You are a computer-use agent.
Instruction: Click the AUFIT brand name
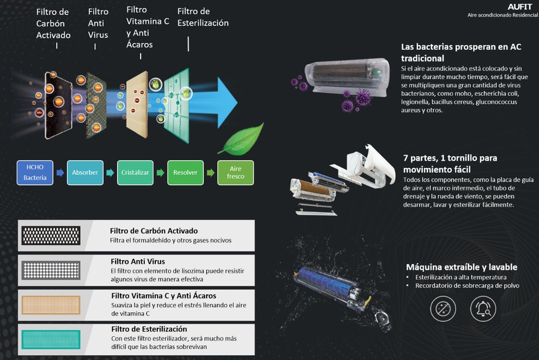coord(520,7)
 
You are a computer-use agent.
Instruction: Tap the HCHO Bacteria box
coord(35,172)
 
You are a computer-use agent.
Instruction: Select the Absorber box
coord(85,172)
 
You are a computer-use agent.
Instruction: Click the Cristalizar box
coord(135,172)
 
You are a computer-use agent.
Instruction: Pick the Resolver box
coord(185,172)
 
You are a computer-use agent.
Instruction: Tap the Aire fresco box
coord(235,172)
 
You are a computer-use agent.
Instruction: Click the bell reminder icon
coord(483,308)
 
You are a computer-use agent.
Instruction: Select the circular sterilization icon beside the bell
coord(443,308)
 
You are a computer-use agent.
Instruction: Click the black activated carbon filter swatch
coord(50,236)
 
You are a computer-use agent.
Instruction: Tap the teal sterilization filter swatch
coord(50,339)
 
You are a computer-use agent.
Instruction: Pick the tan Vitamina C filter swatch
coord(50,305)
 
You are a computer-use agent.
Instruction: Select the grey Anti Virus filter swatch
coord(50,270)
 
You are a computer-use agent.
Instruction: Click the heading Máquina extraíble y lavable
coord(461,267)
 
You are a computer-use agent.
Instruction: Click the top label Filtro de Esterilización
coord(203,17)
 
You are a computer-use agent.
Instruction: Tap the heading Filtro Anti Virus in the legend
coord(138,261)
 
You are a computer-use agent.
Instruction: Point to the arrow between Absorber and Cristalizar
coord(110,173)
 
